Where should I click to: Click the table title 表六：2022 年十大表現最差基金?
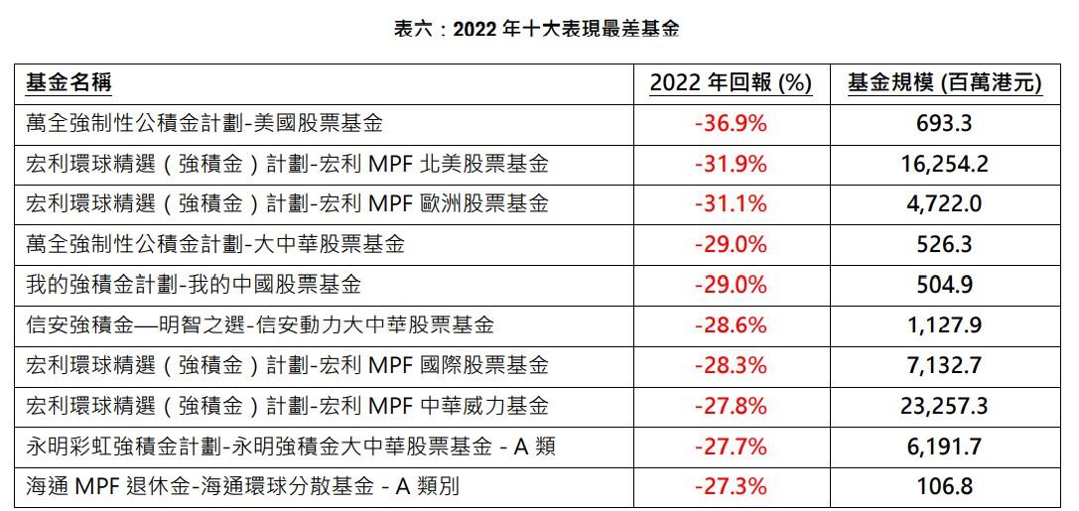tap(537, 29)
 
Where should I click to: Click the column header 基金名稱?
tap(68, 83)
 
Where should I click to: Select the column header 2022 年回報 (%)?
tap(731, 83)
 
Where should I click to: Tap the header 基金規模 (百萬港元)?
tap(944, 83)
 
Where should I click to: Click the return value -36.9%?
tap(731, 124)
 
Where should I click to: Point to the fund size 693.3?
tap(944, 124)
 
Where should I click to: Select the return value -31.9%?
tap(731, 164)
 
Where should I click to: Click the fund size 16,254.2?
tap(944, 164)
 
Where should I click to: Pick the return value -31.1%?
tap(731, 204)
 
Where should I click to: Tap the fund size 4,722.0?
tap(944, 204)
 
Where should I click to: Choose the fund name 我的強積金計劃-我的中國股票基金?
tap(194, 285)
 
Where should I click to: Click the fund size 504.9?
tap(944, 285)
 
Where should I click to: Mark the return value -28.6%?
tap(731, 325)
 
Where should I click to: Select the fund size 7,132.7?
tap(944, 366)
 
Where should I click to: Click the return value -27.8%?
tap(731, 406)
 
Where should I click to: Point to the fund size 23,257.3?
tap(944, 406)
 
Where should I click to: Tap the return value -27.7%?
tap(731, 447)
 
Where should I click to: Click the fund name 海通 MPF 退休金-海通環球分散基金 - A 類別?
tap(243, 487)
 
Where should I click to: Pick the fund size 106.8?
tap(944, 487)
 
